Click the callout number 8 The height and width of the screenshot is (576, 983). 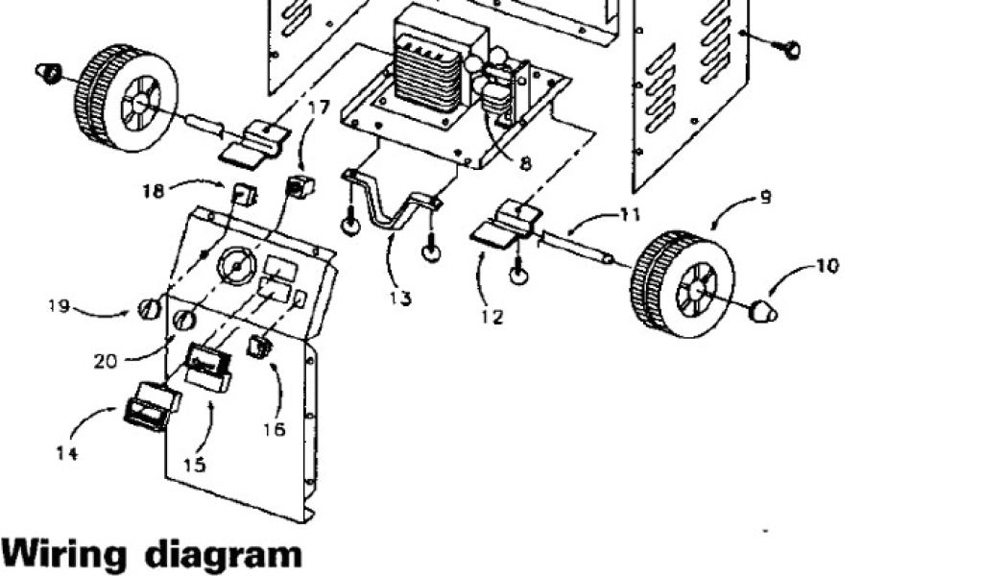click(525, 163)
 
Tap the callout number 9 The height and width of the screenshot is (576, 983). click(764, 199)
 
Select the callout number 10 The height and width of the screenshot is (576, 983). click(827, 266)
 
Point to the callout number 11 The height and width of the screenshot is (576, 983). click(629, 215)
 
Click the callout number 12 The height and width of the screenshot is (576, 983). click(492, 317)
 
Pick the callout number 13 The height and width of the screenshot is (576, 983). click(400, 299)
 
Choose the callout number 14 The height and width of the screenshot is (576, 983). click(65, 454)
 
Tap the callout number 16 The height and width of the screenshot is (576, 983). click(275, 429)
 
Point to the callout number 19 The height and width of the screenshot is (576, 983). click(60, 306)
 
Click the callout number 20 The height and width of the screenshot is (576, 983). click(106, 361)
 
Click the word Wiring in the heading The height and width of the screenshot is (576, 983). click(63, 555)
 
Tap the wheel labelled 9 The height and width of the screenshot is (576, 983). click(683, 284)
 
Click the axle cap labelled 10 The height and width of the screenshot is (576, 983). click(762, 310)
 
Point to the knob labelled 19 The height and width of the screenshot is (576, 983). click(148, 310)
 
